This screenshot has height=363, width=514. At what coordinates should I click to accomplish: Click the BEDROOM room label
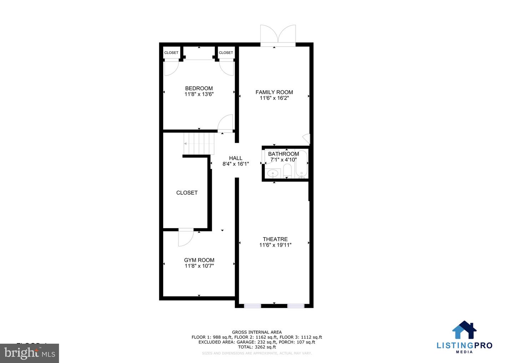(x=199, y=88)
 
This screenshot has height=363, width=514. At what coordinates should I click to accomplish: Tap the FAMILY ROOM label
(x=274, y=92)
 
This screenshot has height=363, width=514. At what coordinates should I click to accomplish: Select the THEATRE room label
(x=275, y=239)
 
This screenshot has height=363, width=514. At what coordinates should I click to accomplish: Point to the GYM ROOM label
(x=199, y=260)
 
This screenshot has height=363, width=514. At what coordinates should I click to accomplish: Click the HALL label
(x=236, y=158)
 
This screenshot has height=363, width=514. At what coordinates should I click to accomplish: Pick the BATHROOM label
(x=283, y=154)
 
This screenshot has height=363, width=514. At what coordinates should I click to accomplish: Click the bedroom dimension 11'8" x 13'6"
(x=199, y=94)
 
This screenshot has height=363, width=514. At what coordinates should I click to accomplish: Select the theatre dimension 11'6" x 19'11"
(x=275, y=245)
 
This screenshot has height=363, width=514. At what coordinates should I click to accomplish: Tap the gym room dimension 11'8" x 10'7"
(x=199, y=266)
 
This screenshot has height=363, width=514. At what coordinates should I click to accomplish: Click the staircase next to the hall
(x=198, y=143)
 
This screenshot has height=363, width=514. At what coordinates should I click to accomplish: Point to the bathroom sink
(x=273, y=173)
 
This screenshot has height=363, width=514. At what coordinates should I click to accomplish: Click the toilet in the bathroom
(x=287, y=170)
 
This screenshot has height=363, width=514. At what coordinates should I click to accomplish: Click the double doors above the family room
(x=278, y=35)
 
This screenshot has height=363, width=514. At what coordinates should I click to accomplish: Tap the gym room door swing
(x=185, y=237)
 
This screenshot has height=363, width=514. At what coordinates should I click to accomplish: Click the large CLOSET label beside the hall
(x=187, y=193)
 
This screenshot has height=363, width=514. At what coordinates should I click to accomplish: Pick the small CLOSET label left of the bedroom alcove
(x=171, y=53)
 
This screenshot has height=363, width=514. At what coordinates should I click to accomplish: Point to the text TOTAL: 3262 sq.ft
(x=257, y=347)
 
